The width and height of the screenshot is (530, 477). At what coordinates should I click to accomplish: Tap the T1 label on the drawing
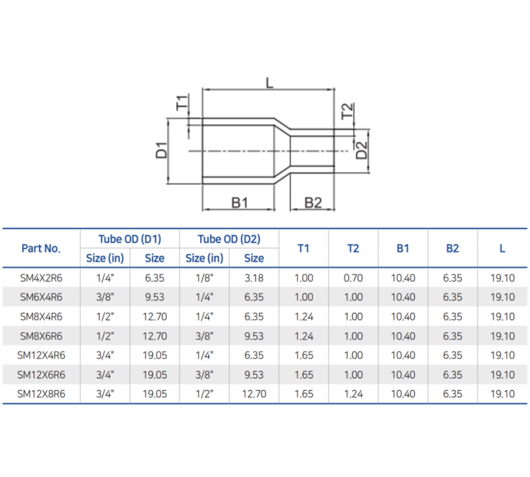[181, 104]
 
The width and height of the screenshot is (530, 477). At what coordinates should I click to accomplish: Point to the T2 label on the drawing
[348, 110]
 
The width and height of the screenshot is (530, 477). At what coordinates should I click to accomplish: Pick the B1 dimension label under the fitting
[239, 202]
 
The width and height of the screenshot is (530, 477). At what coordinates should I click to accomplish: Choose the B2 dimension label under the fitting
[313, 202]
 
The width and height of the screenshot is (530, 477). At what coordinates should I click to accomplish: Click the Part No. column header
[41, 249]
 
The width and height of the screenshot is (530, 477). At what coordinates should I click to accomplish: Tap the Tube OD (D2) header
[228, 239]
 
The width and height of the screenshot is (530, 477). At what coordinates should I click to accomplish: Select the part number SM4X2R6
[41, 278]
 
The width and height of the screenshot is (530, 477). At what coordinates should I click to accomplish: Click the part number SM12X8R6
[41, 394]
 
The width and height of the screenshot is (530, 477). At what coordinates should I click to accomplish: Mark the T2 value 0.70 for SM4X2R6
[353, 278]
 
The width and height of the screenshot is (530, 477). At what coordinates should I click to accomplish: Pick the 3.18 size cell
[254, 278]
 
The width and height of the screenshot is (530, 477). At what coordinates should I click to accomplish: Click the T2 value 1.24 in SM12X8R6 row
[353, 394]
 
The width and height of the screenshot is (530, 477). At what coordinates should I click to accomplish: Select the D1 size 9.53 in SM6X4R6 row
[155, 298]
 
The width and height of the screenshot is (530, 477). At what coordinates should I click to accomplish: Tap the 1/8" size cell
[204, 278]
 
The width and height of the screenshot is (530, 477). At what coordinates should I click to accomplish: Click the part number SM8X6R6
[41, 336]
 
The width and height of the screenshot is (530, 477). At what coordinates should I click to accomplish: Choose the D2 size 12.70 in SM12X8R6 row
[254, 394]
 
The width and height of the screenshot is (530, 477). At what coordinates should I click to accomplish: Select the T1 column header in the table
[303, 249]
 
